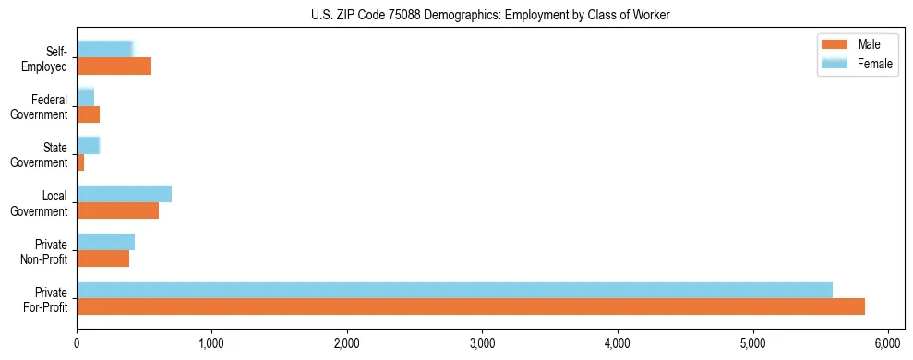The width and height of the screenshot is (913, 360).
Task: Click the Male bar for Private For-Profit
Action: coord(471,306)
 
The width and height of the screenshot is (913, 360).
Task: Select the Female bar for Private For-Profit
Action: coord(454,290)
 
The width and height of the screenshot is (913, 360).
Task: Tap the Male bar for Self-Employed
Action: coord(114,66)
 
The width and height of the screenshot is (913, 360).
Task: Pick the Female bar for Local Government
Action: coord(124,194)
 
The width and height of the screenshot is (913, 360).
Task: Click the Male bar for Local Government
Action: coord(117,210)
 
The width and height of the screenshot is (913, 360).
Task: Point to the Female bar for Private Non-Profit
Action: coord(105,242)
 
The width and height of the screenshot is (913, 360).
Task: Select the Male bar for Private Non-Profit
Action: coord(102,258)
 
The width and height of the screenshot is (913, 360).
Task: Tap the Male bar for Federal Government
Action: coord(88,114)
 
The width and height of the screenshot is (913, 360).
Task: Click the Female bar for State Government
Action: coord(88,146)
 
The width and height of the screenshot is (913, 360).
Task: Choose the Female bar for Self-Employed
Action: coord(104,50)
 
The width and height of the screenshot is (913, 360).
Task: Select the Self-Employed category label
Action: coord(49,58)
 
